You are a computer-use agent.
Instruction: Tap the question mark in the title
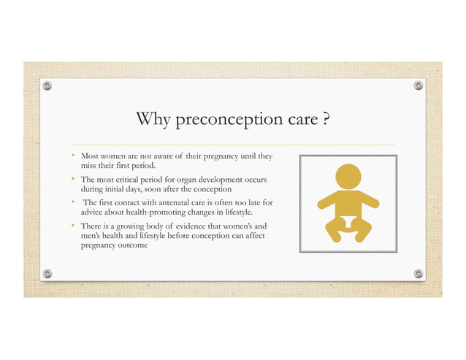pyautogui.click(x=324, y=118)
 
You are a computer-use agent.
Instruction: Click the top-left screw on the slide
pyautogui.click(x=47, y=85)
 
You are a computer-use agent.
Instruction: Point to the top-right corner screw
pyautogui.click(x=419, y=85)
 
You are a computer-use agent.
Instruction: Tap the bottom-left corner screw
pyautogui.click(x=47, y=273)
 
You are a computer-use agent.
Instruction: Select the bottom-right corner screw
pyautogui.click(x=419, y=273)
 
